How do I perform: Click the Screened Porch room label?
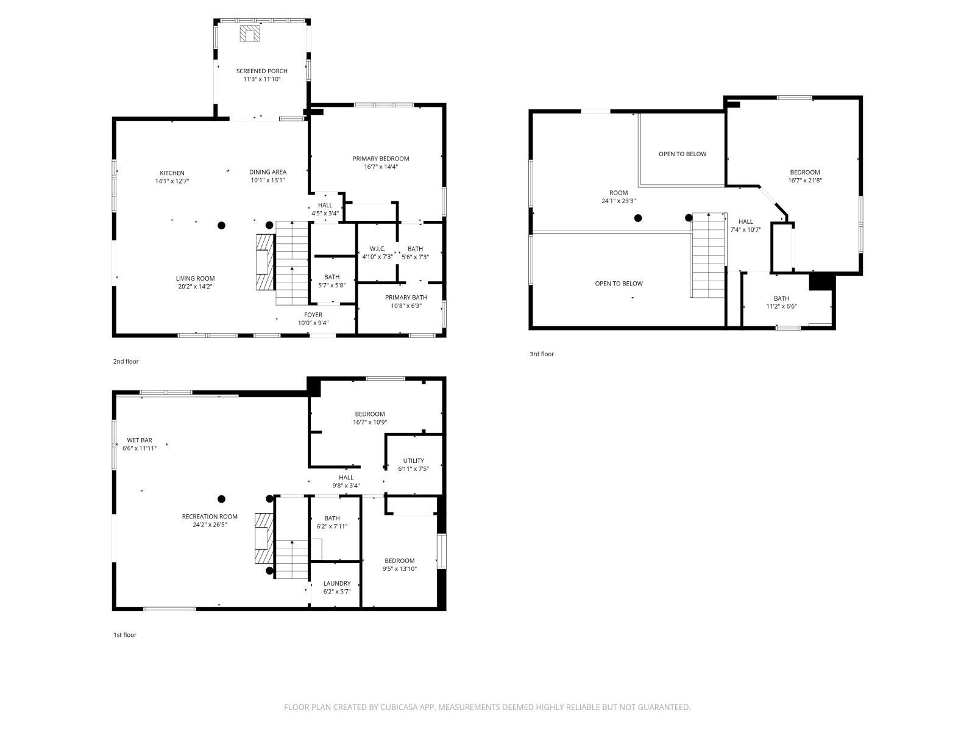coord(261,75)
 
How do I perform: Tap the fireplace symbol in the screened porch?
coord(249,33)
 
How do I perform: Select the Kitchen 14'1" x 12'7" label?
coord(172,177)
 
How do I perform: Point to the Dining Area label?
coord(268,176)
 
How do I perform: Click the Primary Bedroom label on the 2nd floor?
coord(380,162)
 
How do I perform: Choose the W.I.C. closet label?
coord(377,253)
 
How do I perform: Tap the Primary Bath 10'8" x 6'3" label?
coord(406,301)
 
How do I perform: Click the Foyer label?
coord(313,318)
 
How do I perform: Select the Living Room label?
coord(195,282)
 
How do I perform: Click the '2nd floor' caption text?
coord(126,361)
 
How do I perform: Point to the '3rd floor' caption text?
coord(541,354)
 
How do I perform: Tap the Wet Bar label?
coord(140,443)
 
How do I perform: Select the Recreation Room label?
coord(210,520)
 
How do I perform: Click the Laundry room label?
coord(336,587)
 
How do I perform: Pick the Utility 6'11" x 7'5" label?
coord(413,464)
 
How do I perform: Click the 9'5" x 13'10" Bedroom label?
coord(399,564)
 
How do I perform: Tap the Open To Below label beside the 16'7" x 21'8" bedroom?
coord(682,154)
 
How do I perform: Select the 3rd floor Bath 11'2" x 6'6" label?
coord(781,302)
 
